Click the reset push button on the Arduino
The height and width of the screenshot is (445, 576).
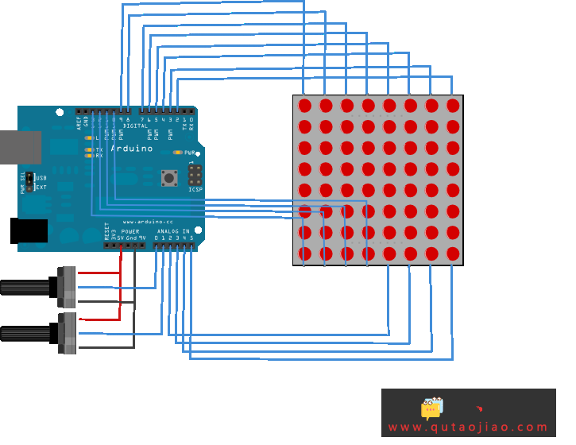169,177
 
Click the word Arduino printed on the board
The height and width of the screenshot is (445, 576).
131,149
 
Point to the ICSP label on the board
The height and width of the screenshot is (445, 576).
195,190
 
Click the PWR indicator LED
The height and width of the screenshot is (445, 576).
177,152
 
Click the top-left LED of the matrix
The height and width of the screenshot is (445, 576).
305,105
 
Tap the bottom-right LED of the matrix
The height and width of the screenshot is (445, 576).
453,253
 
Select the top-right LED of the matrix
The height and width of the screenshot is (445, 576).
453,105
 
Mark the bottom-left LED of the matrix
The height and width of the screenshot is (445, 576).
305,253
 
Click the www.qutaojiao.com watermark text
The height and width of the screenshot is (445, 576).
468,428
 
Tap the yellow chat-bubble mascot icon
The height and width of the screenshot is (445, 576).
431,408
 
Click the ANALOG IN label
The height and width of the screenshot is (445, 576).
174,231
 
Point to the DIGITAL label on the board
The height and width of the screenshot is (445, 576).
135,126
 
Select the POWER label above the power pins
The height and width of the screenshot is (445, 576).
130,231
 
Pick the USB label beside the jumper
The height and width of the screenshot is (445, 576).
41,178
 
